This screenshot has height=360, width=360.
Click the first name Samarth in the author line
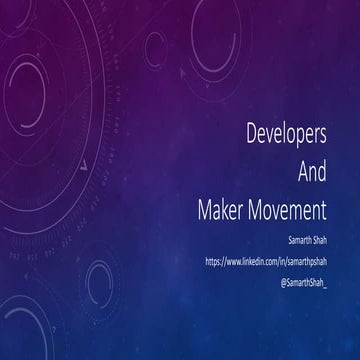pyautogui.click(x=301, y=240)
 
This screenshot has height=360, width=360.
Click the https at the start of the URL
pyautogui.click(x=214, y=260)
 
